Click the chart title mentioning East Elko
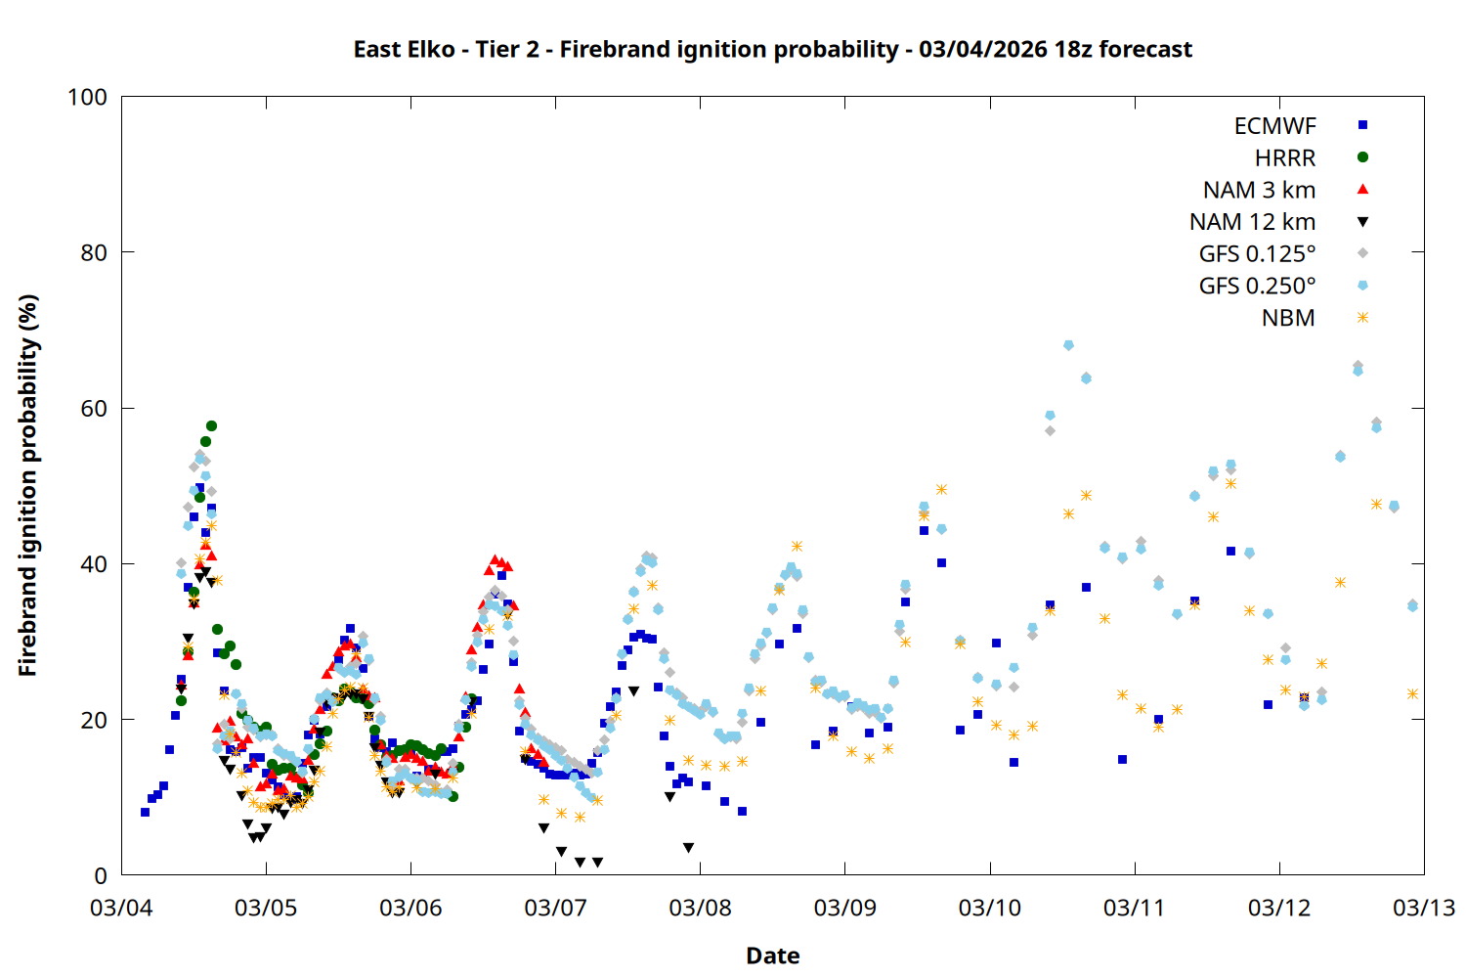(772, 49)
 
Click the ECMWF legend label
(1274, 125)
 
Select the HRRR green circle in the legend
(1362, 157)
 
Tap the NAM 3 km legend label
(1259, 190)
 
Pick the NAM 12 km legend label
(1252, 222)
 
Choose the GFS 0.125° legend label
(1257, 254)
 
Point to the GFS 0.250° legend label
(1257, 286)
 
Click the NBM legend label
(1288, 318)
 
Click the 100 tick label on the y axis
(87, 97)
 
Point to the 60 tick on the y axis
(94, 408)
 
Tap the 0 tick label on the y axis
(100, 875)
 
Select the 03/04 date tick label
(121, 908)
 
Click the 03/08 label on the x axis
(700, 908)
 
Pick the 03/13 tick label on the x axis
(1423, 908)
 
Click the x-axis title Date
(772, 956)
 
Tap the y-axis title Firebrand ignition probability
(27, 485)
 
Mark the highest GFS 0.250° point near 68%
(1068, 345)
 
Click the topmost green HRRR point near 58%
(211, 426)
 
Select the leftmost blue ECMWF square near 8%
(145, 812)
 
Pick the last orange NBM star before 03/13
(1412, 694)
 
